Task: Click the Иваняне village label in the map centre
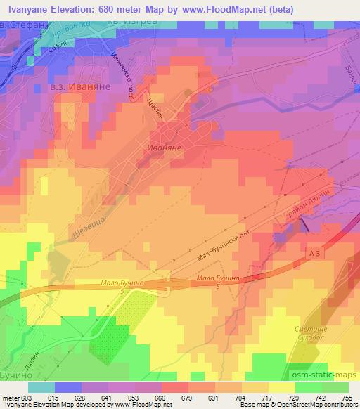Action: (166, 147)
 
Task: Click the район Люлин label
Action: (307, 204)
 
